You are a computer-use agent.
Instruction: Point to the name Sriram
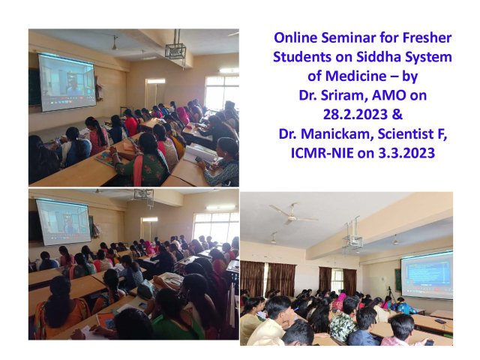click(344, 95)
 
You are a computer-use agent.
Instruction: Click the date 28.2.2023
click(355, 115)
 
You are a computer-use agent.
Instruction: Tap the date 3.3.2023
click(406, 153)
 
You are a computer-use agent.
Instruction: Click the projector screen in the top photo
click(66, 82)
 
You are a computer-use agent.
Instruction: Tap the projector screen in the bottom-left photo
click(64, 222)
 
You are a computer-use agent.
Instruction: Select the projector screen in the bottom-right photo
click(427, 274)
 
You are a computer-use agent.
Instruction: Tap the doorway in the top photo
click(155, 95)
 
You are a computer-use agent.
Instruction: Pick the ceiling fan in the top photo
click(115, 43)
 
